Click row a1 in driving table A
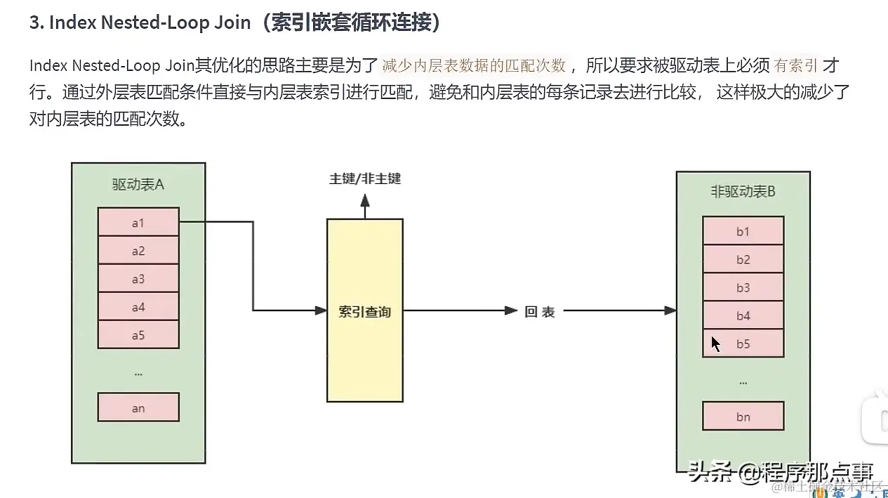138,222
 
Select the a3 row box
138,279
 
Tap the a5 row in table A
138,335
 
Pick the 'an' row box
138,407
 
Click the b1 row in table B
743,231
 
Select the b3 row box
743,287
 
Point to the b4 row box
743,315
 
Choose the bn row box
743,417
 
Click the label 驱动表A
138,184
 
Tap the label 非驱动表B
743,192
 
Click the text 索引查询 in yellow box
364,311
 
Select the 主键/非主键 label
365,178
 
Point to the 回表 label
540,311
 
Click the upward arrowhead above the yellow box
365,201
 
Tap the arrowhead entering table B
670,310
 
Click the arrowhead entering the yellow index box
322,310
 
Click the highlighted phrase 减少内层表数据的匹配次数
474,66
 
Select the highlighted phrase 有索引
796,66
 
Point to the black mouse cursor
715,343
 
